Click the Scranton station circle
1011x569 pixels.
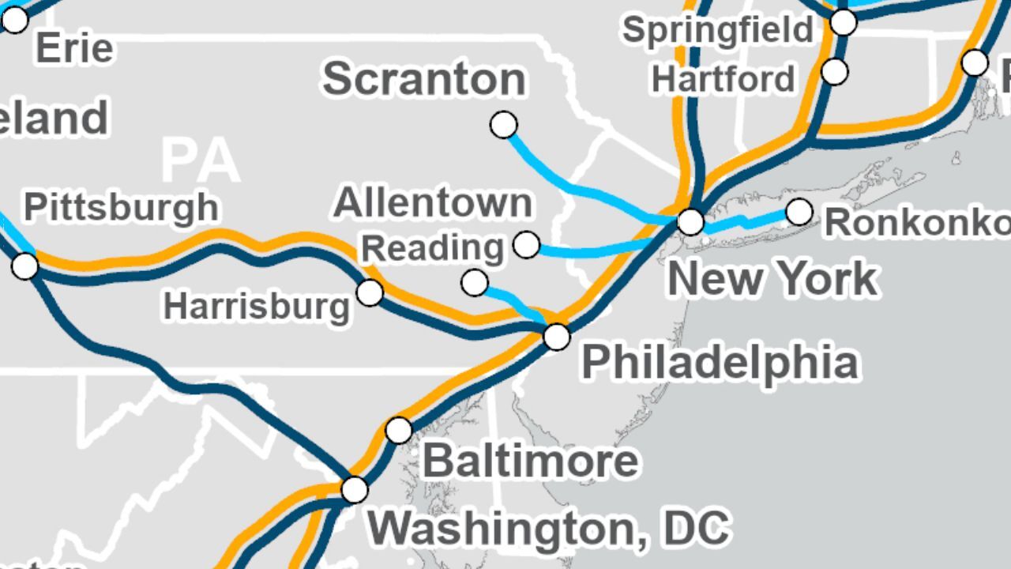pos(504,124)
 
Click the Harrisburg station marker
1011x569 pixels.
pos(370,292)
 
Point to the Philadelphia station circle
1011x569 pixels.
pos(557,337)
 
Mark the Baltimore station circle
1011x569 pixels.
pos(399,431)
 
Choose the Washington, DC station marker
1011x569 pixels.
pos(355,490)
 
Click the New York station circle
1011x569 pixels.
pos(691,222)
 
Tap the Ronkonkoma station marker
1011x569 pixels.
pos(799,212)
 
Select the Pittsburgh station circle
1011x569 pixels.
pos(25,266)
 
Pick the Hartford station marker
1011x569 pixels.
pos(835,72)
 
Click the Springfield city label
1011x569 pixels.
pos(717,31)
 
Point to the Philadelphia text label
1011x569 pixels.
pos(720,363)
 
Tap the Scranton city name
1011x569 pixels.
pos(424,79)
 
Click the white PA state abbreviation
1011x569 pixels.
pos(200,160)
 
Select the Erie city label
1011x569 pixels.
pos(74,49)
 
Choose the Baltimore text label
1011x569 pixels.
pos(531,461)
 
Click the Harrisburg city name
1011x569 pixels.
pos(256,306)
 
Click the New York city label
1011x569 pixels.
pos(772,279)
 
